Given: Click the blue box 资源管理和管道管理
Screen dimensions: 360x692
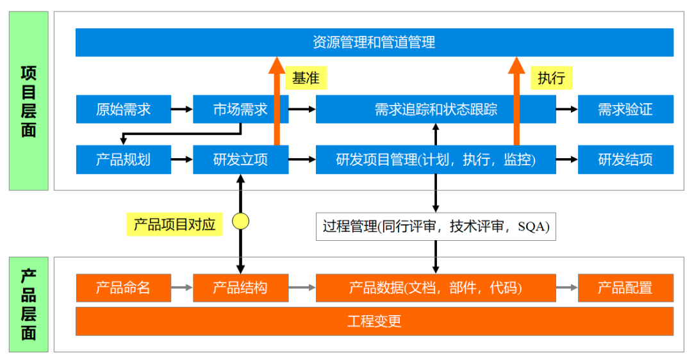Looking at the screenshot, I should [x=374, y=42].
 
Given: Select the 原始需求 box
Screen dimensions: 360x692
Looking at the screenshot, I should [x=124, y=109].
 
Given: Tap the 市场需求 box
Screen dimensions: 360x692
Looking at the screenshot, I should [x=240, y=109].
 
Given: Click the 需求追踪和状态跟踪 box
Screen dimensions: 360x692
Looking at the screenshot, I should [x=436, y=109].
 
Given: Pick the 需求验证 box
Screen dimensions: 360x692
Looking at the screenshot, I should [x=625, y=109].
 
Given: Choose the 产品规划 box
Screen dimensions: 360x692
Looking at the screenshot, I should [x=124, y=160].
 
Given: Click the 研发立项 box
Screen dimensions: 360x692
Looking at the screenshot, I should [x=240, y=160].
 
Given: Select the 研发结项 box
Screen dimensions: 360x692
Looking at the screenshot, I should [x=625, y=160].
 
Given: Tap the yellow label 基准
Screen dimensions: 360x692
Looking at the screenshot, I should [x=306, y=78].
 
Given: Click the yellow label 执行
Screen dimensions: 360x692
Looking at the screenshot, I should [x=551, y=78].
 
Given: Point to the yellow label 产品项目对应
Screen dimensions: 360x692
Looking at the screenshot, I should [x=174, y=224].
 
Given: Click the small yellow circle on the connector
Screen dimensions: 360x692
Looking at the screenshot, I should [x=240, y=222].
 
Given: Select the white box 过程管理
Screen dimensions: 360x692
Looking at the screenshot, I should [x=436, y=226].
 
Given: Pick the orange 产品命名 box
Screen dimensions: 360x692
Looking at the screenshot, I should [x=124, y=288].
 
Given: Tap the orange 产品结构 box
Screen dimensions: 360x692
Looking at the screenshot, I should [x=240, y=288].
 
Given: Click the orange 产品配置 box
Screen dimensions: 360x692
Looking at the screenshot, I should [x=625, y=288].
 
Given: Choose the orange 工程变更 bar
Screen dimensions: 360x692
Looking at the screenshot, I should [x=374, y=321].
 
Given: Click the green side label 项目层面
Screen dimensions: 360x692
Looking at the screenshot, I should [x=29, y=101].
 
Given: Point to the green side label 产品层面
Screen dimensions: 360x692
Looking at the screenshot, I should [x=29, y=304].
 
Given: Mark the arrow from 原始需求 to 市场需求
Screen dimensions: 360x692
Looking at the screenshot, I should [x=182, y=109].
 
